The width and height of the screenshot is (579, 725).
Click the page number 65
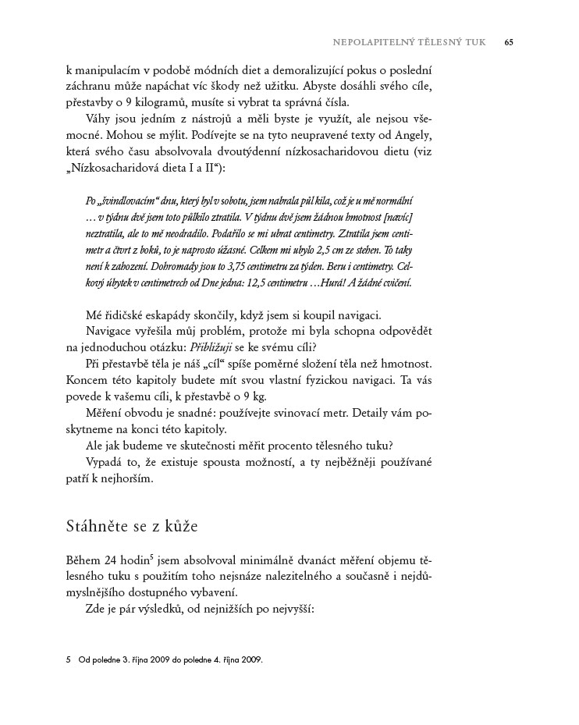508,41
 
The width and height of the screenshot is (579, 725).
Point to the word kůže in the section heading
183,527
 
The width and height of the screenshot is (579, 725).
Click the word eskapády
168,315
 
